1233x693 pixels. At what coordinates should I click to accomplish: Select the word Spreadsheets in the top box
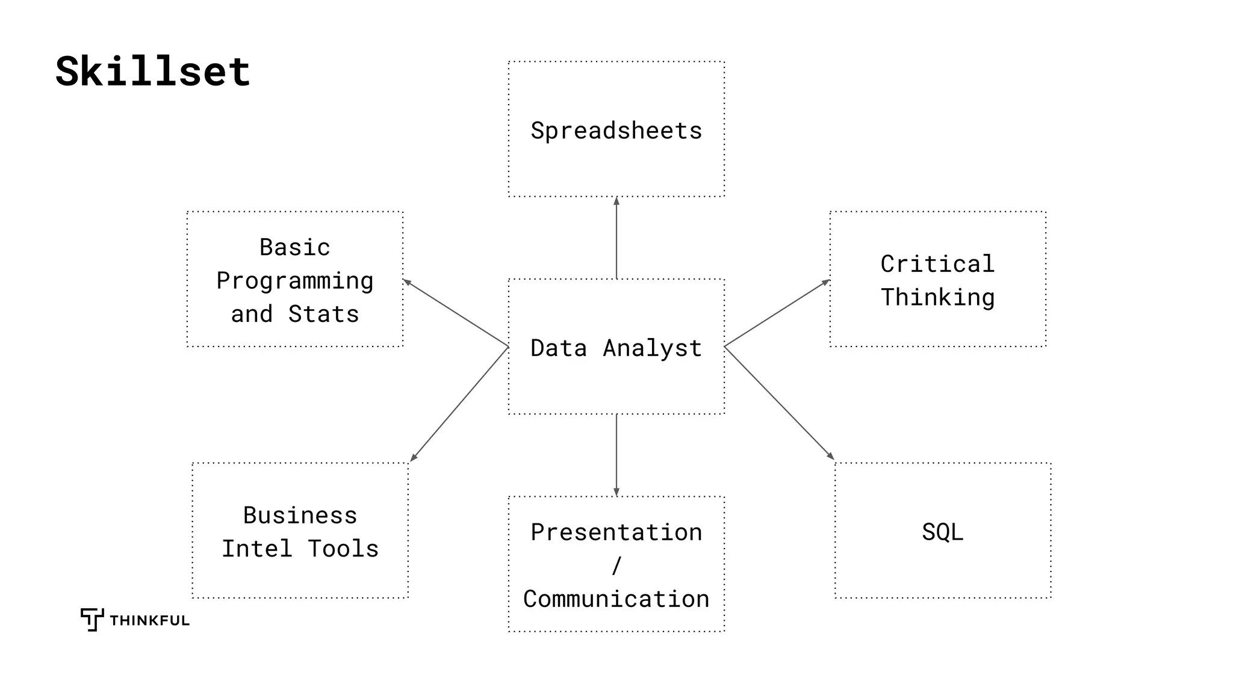[616, 131]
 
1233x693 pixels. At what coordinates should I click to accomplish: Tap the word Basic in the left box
[294, 247]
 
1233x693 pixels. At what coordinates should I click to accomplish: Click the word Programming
[294, 281]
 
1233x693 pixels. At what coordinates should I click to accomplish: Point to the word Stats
[323, 314]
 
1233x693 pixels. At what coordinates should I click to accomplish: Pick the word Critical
[937, 264]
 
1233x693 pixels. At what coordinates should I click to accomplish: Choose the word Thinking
[937, 297]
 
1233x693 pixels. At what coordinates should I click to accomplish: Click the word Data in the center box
[558, 348]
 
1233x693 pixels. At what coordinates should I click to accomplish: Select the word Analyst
[652, 348]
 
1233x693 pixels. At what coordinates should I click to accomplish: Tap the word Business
[300, 516]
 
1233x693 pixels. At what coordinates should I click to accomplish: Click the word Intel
[257, 549]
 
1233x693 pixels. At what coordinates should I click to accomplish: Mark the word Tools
[343, 549]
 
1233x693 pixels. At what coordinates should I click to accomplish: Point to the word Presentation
[616, 532]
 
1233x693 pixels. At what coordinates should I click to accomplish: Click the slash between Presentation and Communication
[616, 565]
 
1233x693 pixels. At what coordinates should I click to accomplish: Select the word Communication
[616, 599]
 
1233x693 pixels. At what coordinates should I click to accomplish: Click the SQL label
[942, 532]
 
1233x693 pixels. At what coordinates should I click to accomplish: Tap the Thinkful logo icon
[92, 619]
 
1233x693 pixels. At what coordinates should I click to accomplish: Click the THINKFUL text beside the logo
[149, 621]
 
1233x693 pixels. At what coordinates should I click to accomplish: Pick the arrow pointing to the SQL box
[780, 404]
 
